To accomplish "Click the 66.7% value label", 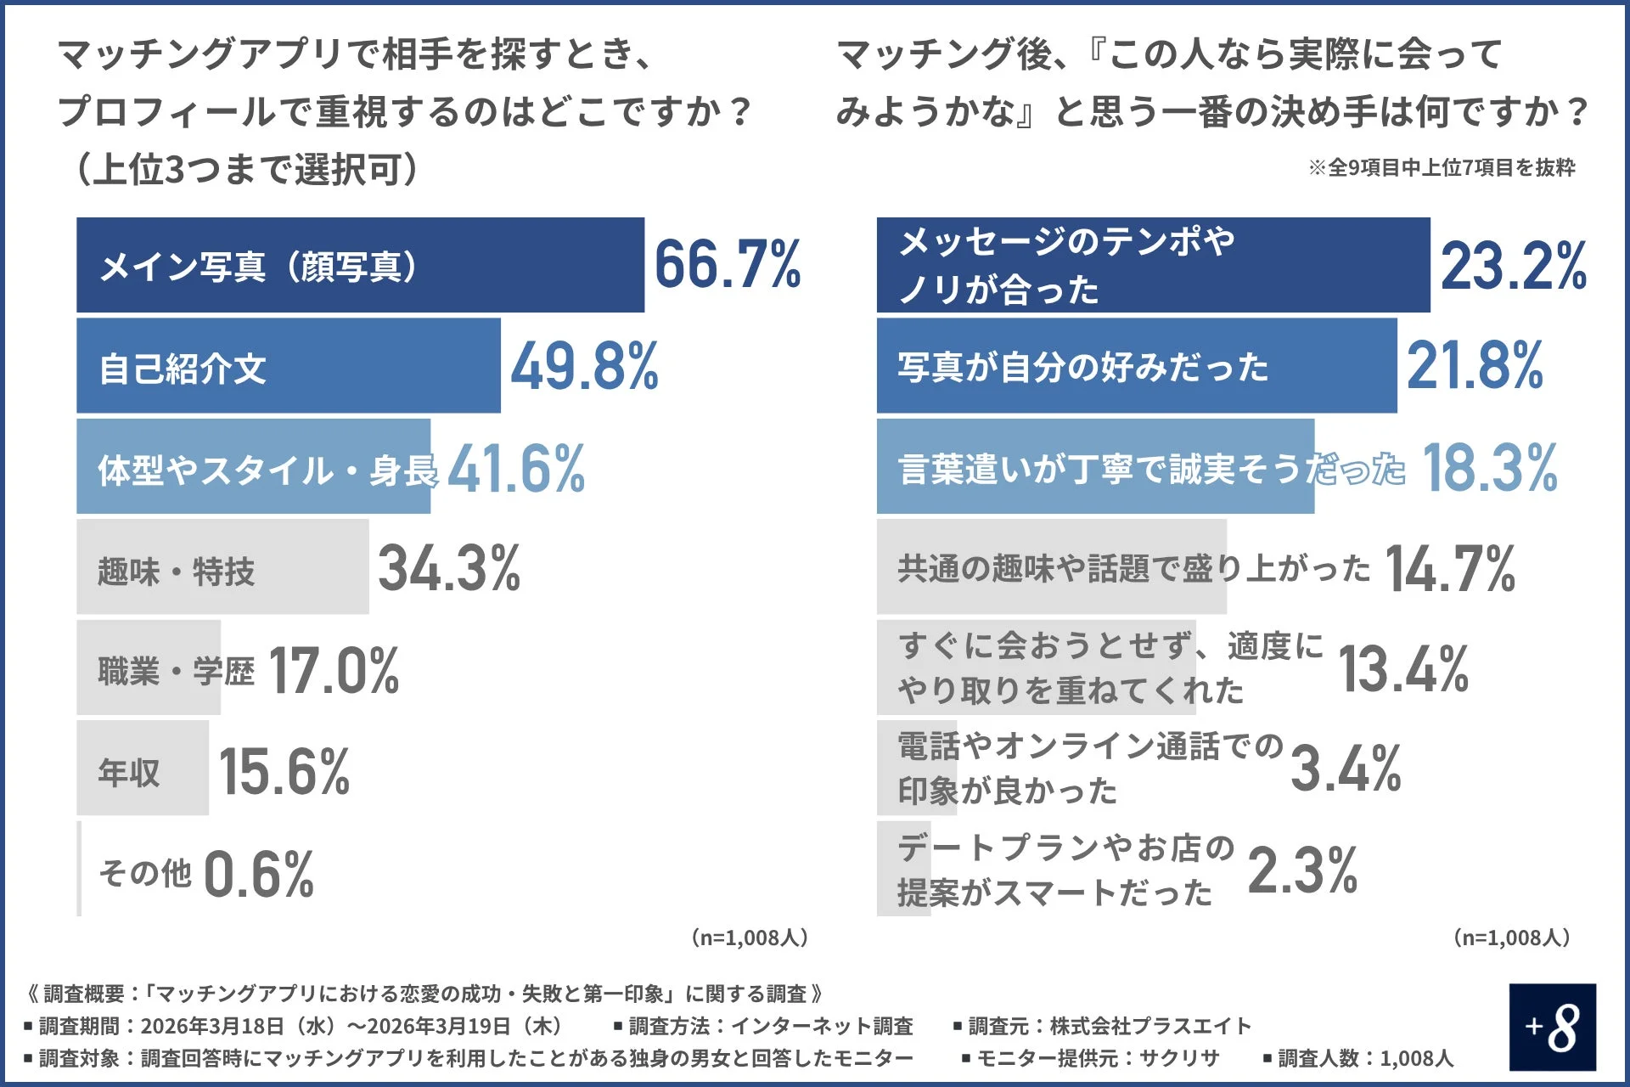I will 728,264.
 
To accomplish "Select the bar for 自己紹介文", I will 288,366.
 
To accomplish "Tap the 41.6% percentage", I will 516,468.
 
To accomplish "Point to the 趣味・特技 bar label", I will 176,571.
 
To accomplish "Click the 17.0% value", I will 334,670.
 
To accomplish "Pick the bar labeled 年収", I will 142,769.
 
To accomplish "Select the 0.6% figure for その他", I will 259,874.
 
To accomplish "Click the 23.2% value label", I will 1513,266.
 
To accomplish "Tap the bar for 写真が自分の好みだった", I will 1136,366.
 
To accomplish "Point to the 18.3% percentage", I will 1490,468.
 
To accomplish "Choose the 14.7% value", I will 1450,568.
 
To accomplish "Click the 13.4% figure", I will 1403,669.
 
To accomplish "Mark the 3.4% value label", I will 1346,769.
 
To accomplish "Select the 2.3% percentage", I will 1302,870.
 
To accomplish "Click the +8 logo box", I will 1552,1027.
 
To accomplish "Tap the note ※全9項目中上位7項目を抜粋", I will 1441,167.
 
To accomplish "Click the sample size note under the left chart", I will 749,938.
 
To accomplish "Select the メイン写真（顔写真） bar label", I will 259,266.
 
